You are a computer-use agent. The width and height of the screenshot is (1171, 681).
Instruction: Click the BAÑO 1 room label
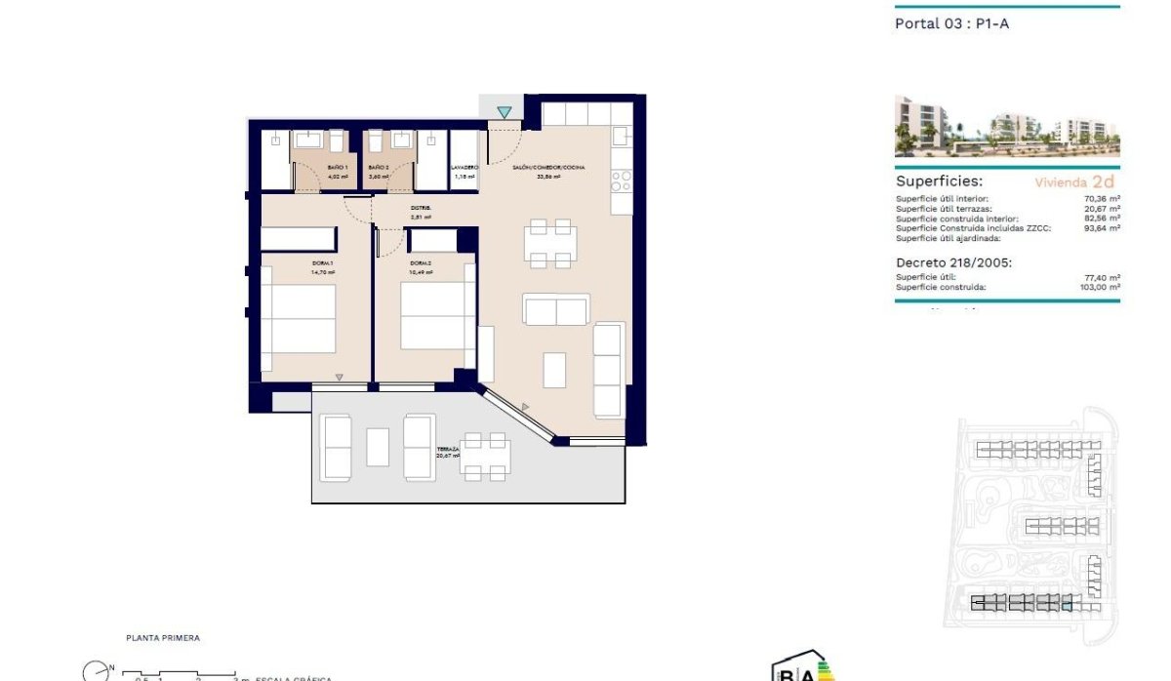tap(337, 168)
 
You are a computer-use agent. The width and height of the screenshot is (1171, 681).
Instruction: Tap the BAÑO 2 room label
tap(379, 168)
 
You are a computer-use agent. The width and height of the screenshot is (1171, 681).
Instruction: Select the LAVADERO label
tap(464, 168)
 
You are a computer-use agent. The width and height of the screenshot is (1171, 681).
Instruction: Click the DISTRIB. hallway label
tap(421, 208)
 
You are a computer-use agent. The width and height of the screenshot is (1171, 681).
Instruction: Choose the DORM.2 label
tap(421, 263)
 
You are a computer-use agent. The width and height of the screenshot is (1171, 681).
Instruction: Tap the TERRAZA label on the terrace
tap(448, 450)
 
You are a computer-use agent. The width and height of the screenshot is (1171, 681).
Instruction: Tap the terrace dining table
tap(485, 456)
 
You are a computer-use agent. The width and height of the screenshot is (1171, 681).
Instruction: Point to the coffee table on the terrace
tap(378, 447)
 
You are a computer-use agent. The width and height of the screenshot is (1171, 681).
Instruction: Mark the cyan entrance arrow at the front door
tap(504, 113)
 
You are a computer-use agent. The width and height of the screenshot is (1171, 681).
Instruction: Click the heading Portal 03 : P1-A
tap(951, 23)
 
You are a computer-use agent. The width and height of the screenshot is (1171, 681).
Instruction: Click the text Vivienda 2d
tap(1073, 181)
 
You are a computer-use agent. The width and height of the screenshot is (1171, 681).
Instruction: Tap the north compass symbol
tap(95, 671)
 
